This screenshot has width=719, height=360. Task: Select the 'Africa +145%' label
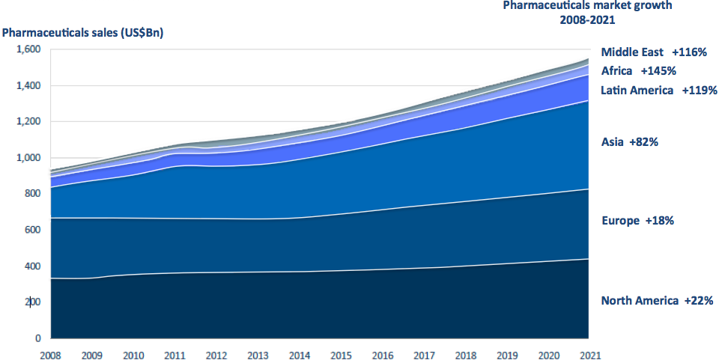coord(639,71)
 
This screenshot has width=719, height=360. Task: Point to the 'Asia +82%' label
coord(629,141)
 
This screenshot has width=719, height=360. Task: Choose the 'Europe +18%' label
coord(638,221)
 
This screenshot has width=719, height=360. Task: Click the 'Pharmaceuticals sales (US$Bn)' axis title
coord(82,32)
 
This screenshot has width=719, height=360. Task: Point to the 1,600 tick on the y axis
coord(28,49)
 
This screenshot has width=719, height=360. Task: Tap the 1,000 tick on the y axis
coord(28,158)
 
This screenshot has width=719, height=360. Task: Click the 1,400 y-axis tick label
coord(28,85)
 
